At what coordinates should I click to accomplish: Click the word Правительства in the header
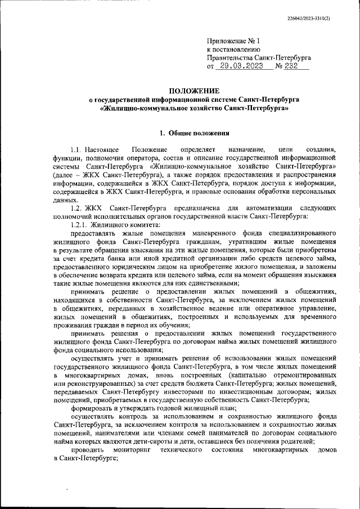point(231,58)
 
